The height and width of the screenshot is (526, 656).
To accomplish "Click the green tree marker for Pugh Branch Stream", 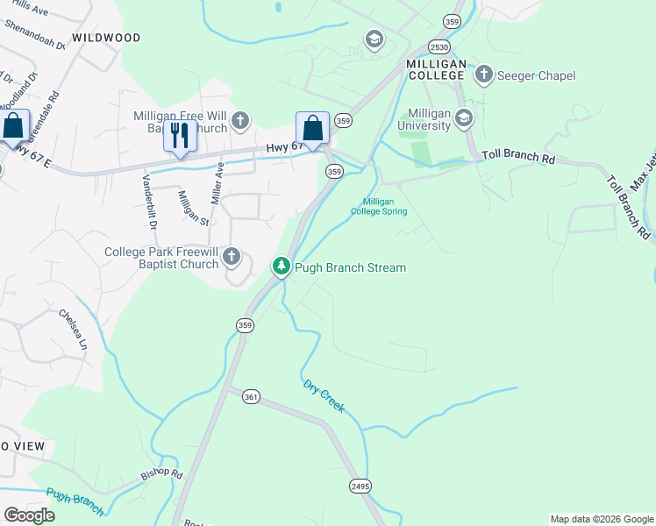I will click(281, 266).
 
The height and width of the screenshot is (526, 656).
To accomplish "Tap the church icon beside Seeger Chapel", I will click(484, 75).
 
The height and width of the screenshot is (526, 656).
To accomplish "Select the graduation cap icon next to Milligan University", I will click(464, 118).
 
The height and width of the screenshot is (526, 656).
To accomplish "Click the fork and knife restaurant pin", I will click(180, 137).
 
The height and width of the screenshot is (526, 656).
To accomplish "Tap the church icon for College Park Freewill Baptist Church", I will click(232, 257).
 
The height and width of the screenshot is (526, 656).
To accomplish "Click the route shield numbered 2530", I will click(439, 46).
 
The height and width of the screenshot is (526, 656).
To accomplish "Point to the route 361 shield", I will click(251, 397).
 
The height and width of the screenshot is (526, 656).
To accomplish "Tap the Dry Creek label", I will click(324, 396).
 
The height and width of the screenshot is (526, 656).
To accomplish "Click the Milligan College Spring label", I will click(379, 206).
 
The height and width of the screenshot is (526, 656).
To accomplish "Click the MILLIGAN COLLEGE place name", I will click(435, 70).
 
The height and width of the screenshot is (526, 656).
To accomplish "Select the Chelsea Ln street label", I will click(73, 330).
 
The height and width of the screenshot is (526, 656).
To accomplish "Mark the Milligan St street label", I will click(194, 208).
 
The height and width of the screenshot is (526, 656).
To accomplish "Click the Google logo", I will click(28, 515).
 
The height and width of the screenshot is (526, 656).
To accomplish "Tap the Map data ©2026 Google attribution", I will click(601, 519).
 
